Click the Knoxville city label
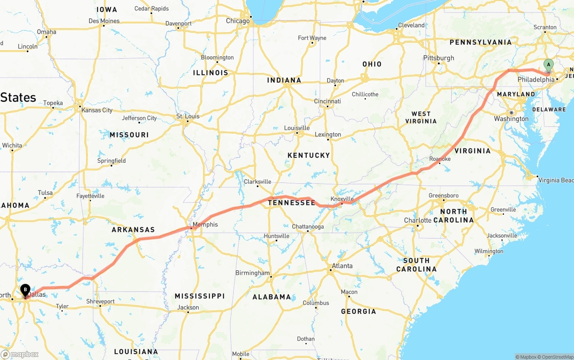coord(342,199)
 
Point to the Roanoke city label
coord(439,159)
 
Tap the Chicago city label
coord(238,21)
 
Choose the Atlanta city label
coord(342,266)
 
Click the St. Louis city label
coord(187,116)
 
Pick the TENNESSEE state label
coord(291,203)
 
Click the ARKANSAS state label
coord(133,230)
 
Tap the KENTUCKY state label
coord(309,155)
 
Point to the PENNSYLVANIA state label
coord(480,42)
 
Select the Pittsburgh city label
coord(439,58)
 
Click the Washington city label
coord(511,119)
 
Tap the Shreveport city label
coord(100,301)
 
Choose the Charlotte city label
coord(417,220)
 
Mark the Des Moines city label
coord(104,21)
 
